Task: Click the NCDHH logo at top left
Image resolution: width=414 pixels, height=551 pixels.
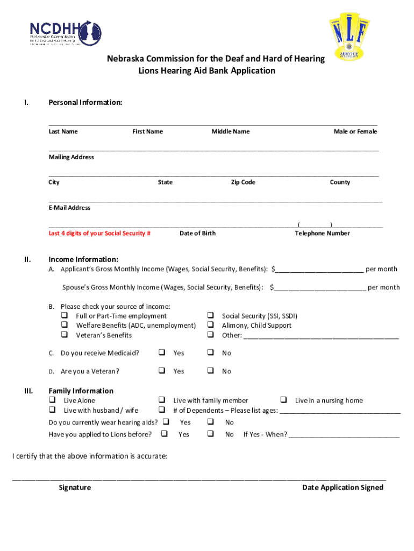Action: coord(65,32)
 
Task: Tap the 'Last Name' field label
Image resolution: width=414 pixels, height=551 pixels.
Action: coord(63,132)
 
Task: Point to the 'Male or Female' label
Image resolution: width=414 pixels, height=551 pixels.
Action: coord(355,132)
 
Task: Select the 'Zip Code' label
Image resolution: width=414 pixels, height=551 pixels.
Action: coord(243,182)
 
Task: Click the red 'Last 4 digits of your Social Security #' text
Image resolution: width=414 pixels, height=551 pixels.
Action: coord(99,234)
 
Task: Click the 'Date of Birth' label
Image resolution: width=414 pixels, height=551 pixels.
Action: coord(197,234)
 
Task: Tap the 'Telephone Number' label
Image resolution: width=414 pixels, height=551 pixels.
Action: coord(322,234)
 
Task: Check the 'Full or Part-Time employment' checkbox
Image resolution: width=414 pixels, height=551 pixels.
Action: coord(65,316)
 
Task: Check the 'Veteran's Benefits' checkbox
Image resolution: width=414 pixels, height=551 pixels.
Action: coord(65,335)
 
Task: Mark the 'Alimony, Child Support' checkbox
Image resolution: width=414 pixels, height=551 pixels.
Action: coord(211,326)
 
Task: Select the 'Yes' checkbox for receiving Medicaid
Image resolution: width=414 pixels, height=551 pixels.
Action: coord(161,353)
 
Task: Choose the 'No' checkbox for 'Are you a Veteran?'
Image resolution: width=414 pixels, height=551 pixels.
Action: coord(211,371)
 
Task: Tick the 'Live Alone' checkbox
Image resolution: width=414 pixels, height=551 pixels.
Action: coord(53,400)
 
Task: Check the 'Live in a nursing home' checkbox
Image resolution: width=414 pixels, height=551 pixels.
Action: coord(283,400)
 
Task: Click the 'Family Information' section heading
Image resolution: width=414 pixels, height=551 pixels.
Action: coord(81,391)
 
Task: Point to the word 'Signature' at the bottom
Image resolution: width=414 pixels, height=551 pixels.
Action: coord(75,488)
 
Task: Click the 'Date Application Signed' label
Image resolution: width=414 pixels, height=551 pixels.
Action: coord(342,488)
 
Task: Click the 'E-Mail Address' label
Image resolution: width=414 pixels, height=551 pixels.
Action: coord(69,208)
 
